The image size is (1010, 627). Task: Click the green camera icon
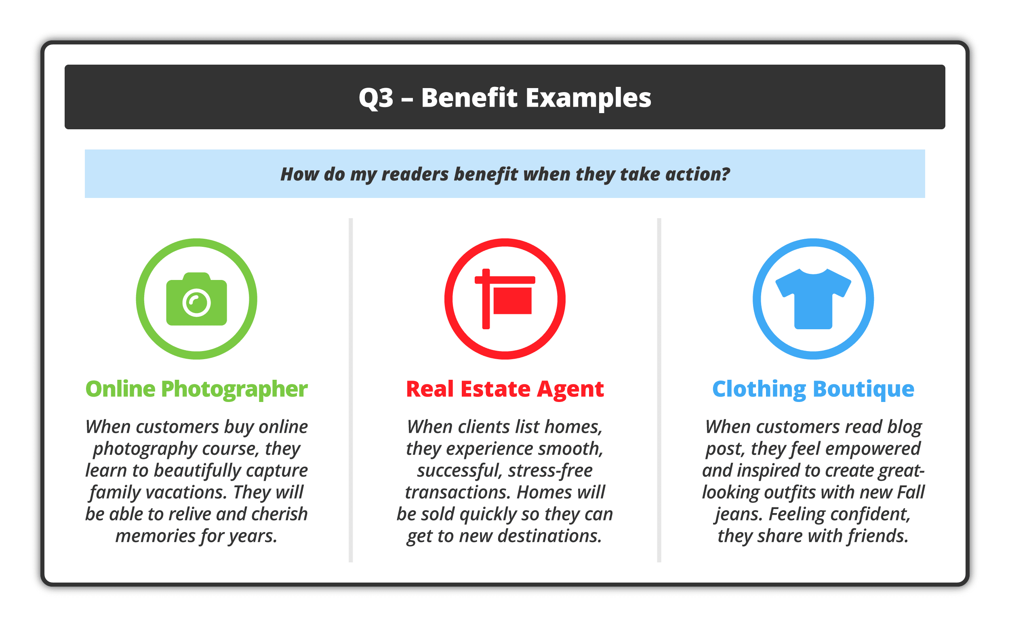196,299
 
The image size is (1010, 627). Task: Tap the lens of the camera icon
196,303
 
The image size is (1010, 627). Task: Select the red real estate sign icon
505,299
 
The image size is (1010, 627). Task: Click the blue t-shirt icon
814,299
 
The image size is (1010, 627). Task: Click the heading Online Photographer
196,389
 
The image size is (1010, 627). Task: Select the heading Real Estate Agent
505,389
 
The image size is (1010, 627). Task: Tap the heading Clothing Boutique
814,389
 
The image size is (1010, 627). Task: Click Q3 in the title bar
376,98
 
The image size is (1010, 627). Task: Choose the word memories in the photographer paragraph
156,536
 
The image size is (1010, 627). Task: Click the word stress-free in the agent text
550,471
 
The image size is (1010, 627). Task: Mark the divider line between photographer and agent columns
351,390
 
